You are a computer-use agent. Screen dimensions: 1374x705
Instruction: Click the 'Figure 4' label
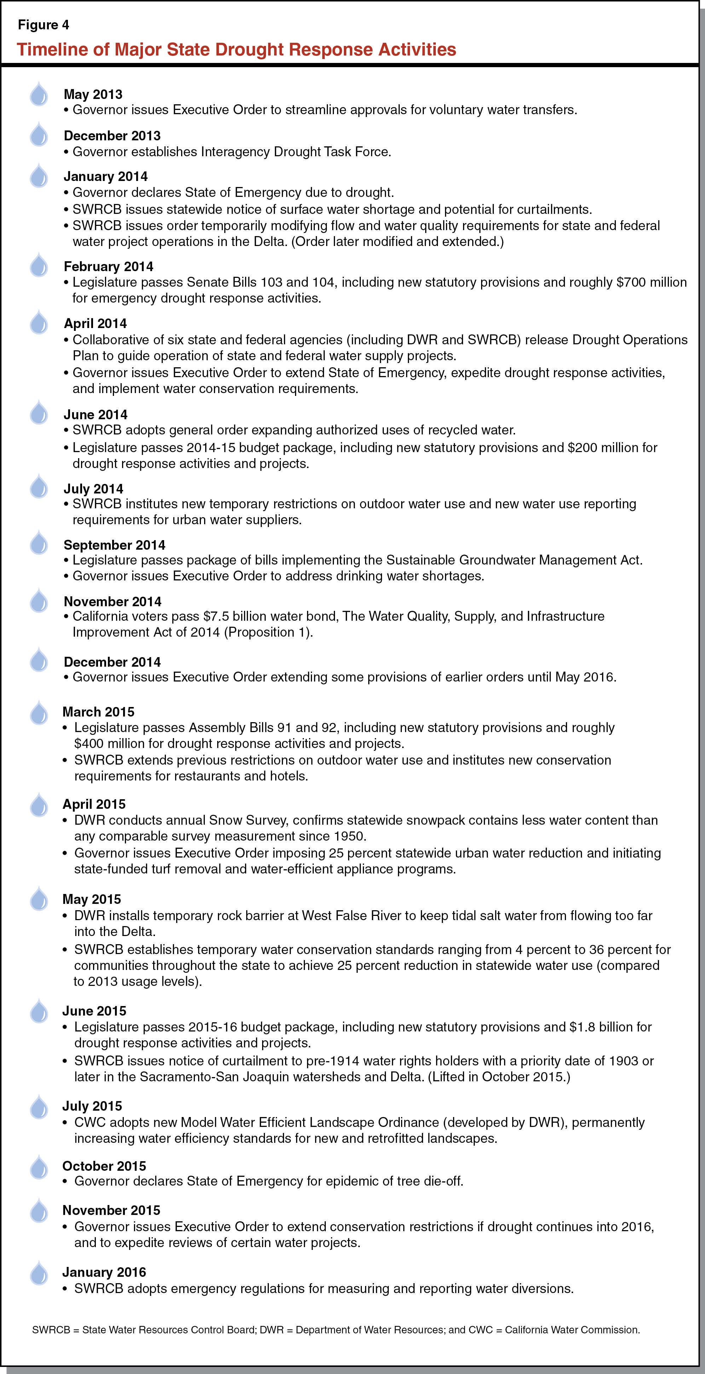click(x=43, y=24)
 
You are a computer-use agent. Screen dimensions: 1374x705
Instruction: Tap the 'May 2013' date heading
click(x=93, y=94)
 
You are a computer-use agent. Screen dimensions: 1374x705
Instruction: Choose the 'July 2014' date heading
click(x=93, y=489)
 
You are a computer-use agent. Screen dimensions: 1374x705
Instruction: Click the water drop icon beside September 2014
click(x=39, y=544)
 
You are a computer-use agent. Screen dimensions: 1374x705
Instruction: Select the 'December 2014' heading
click(x=112, y=662)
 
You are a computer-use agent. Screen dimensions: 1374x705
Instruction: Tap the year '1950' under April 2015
click(x=349, y=836)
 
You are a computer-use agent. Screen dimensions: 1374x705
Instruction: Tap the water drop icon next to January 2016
click(x=39, y=1273)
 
